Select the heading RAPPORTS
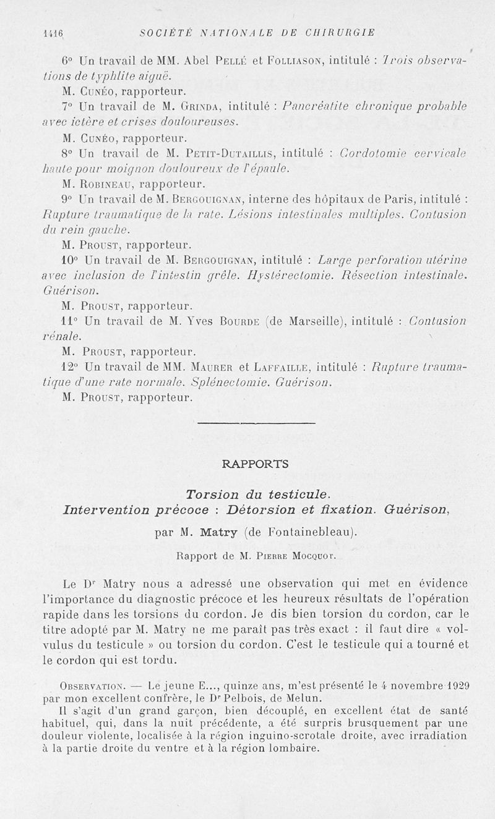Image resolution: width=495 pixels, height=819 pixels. (255, 463)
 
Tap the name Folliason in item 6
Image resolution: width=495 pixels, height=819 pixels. (296, 61)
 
